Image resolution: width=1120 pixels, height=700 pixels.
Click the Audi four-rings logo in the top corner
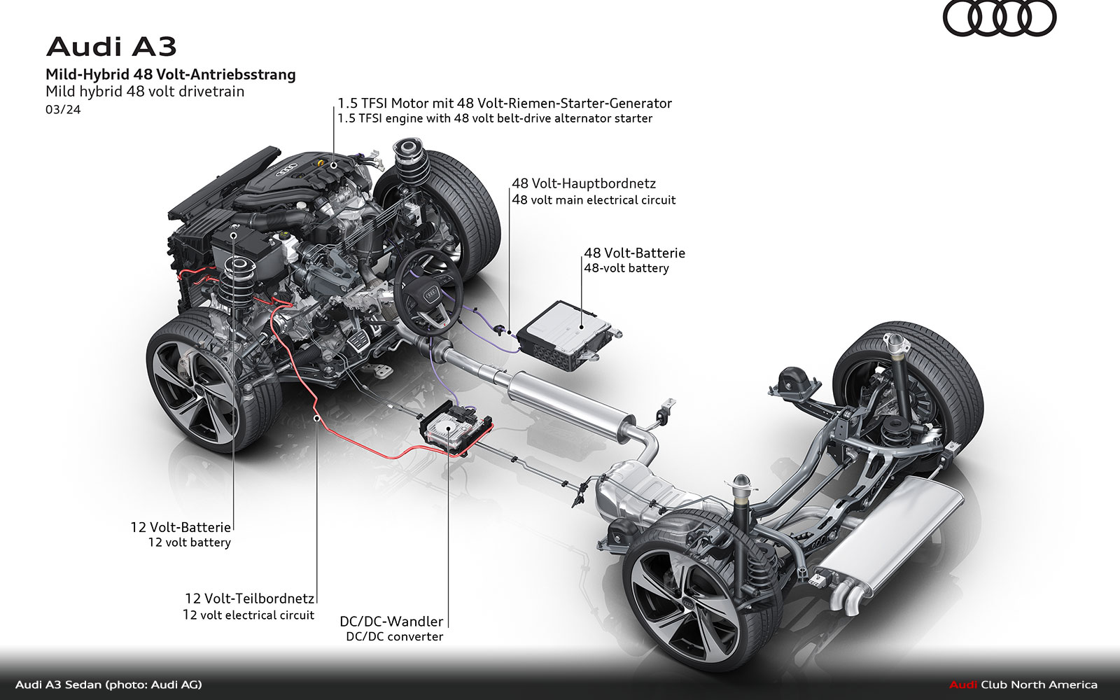tap(999, 18)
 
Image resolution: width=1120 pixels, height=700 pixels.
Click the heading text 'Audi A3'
tap(111, 47)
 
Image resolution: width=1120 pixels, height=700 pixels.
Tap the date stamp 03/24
tap(63, 110)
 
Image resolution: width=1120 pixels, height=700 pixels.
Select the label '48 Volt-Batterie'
tap(634, 253)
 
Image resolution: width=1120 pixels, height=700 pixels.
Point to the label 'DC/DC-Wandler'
tap(391, 621)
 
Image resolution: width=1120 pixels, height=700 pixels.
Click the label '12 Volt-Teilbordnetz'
tap(249, 598)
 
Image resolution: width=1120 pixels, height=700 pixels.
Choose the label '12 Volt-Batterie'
tap(181, 527)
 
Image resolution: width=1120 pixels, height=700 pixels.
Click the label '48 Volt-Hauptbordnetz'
tap(584, 183)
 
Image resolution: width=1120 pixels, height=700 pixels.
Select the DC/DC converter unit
tap(453, 424)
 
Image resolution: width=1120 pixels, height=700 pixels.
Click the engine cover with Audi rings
tap(294, 175)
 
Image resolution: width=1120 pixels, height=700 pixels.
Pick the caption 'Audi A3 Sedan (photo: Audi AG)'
tap(108, 685)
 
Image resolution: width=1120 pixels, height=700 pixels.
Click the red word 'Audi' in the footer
tap(963, 685)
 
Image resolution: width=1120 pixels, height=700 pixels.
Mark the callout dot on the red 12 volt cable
tap(317, 418)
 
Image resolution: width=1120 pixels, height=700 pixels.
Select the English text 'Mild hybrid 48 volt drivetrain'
tap(145, 91)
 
